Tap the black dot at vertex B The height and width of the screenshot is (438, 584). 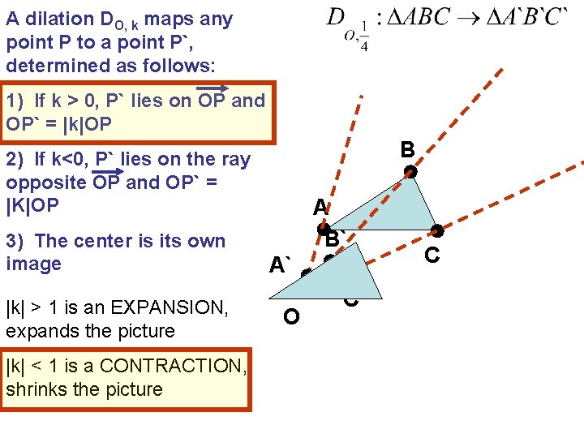(x=411, y=172)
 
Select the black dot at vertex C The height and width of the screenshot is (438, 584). (x=437, y=231)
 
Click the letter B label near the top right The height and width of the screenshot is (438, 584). (x=407, y=149)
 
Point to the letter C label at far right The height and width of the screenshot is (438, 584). (x=432, y=255)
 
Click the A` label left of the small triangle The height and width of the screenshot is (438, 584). (x=281, y=265)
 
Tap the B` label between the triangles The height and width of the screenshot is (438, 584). (x=335, y=238)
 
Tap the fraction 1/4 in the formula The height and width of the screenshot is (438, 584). (x=363, y=37)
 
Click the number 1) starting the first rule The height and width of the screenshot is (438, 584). (x=15, y=101)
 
